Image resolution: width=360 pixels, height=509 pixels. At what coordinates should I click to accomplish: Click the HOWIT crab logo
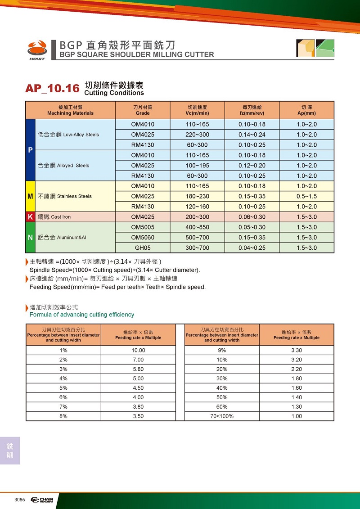[x=36, y=48]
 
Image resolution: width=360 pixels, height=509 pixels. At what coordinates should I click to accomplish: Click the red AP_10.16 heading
[x=52, y=88]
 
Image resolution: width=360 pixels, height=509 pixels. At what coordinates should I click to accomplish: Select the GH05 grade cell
[x=143, y=248]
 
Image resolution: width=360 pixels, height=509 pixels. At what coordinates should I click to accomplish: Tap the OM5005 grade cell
[x=143, y=227]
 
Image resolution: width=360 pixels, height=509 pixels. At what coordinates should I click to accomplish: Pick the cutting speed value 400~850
[x=197, y=227]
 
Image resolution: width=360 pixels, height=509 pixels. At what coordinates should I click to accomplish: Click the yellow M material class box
[x=30, y=196]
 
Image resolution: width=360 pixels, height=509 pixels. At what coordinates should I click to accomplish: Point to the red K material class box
[x=30, y=217]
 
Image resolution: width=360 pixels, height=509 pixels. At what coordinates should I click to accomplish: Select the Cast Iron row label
[x=54, y=217]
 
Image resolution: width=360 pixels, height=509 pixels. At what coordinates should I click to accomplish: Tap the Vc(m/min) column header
[x=197, y=110]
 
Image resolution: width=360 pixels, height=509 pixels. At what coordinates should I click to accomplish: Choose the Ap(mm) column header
[x=306, y=110]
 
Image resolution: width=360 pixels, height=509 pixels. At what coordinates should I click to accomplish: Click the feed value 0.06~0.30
[x=252, y=217]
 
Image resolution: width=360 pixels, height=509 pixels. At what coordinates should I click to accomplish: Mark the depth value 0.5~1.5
[x=306, y=196]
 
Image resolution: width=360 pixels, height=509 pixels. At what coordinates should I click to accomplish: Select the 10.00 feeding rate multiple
[x=138, y=350]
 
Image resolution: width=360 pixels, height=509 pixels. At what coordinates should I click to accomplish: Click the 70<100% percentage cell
[x=222, y=416]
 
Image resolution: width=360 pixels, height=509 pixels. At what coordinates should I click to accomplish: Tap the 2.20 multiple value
[x=297, y=369]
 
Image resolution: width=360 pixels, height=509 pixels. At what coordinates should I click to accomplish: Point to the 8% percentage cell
[x=63, y=416]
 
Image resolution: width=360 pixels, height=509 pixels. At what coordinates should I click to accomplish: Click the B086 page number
[x=19, y=500]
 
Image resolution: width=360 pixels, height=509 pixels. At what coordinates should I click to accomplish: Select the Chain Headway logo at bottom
[x=42, y=500]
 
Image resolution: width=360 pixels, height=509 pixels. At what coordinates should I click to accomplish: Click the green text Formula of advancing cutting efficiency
[x=82, y=315]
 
